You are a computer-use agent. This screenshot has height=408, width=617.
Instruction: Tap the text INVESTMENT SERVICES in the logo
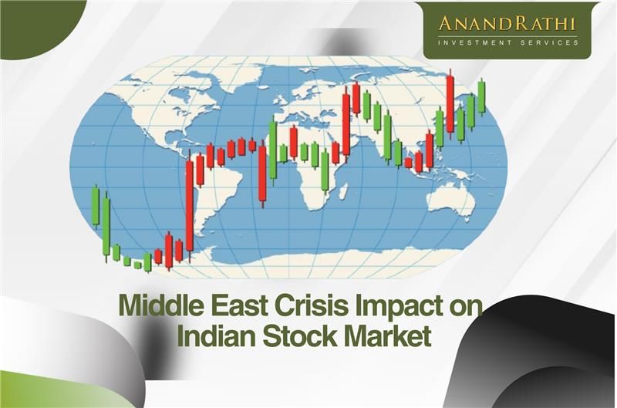pos(507,42)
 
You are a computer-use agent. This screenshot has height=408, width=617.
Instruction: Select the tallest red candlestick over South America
pos(189,204)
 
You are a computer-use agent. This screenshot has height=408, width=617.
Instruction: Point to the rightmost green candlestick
pos(481,96)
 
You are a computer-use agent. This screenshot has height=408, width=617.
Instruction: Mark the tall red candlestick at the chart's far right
pos(450,104)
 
